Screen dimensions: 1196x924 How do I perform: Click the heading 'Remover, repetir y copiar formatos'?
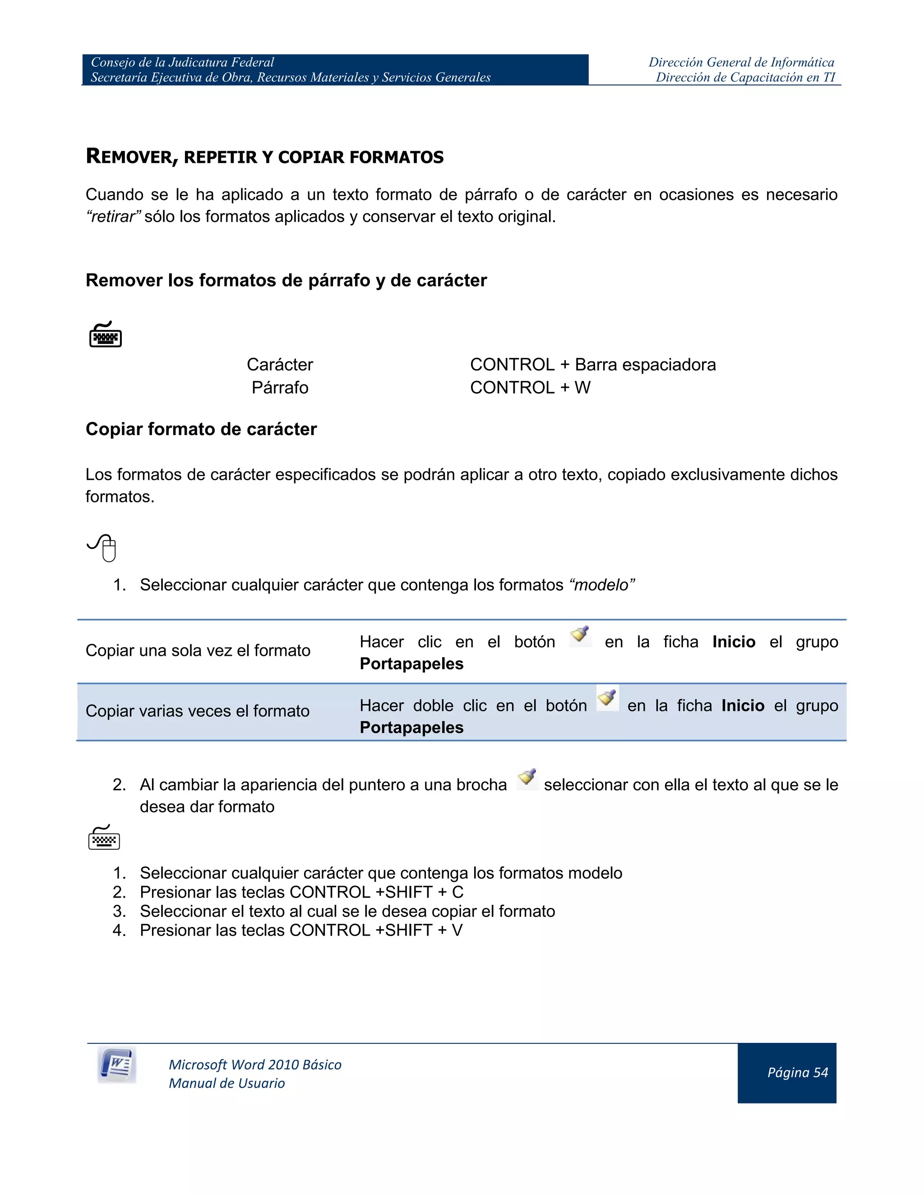pyautogui.click(x=264, y=157)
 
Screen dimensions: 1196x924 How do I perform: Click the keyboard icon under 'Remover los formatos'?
pyautogui.click(x=105, y=334)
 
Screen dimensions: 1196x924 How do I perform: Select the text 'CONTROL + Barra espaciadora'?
pyautogui.click(x=592, y=364)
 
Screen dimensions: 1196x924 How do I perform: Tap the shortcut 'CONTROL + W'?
pyautogui.click(x=530, y=387)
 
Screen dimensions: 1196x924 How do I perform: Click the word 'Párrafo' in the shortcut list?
pyautogui.click(x=280, y=387)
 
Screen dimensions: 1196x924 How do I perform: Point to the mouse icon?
pyautogui.click(x=103, y=547)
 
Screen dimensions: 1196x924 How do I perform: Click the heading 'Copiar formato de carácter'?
pyautogui.click(x=201, y=429)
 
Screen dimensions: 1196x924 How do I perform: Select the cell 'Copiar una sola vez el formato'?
pyautogui.click(x=198, y=650)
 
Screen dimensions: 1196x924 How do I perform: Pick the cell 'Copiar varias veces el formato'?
pyautogui.click(x=198, y=711)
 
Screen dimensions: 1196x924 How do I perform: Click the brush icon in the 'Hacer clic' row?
pyautogui.click(x=580, y=636)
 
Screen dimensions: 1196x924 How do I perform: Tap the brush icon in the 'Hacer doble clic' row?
pyautogui.click(x=607, y=699)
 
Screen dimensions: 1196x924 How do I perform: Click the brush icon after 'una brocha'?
pyautogui.click(x=527, y=778)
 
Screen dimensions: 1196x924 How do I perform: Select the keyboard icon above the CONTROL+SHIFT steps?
pyautogui.click(x=104, y=837)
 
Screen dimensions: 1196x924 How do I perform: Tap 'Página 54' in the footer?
pyautogui.click(x=797, y=1072)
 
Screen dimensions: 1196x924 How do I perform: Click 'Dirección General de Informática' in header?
pyautogui.click(x=741, y=62)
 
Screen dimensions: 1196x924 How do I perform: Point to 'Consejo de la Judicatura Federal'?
pyautogui.click(x=182, y=62)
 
